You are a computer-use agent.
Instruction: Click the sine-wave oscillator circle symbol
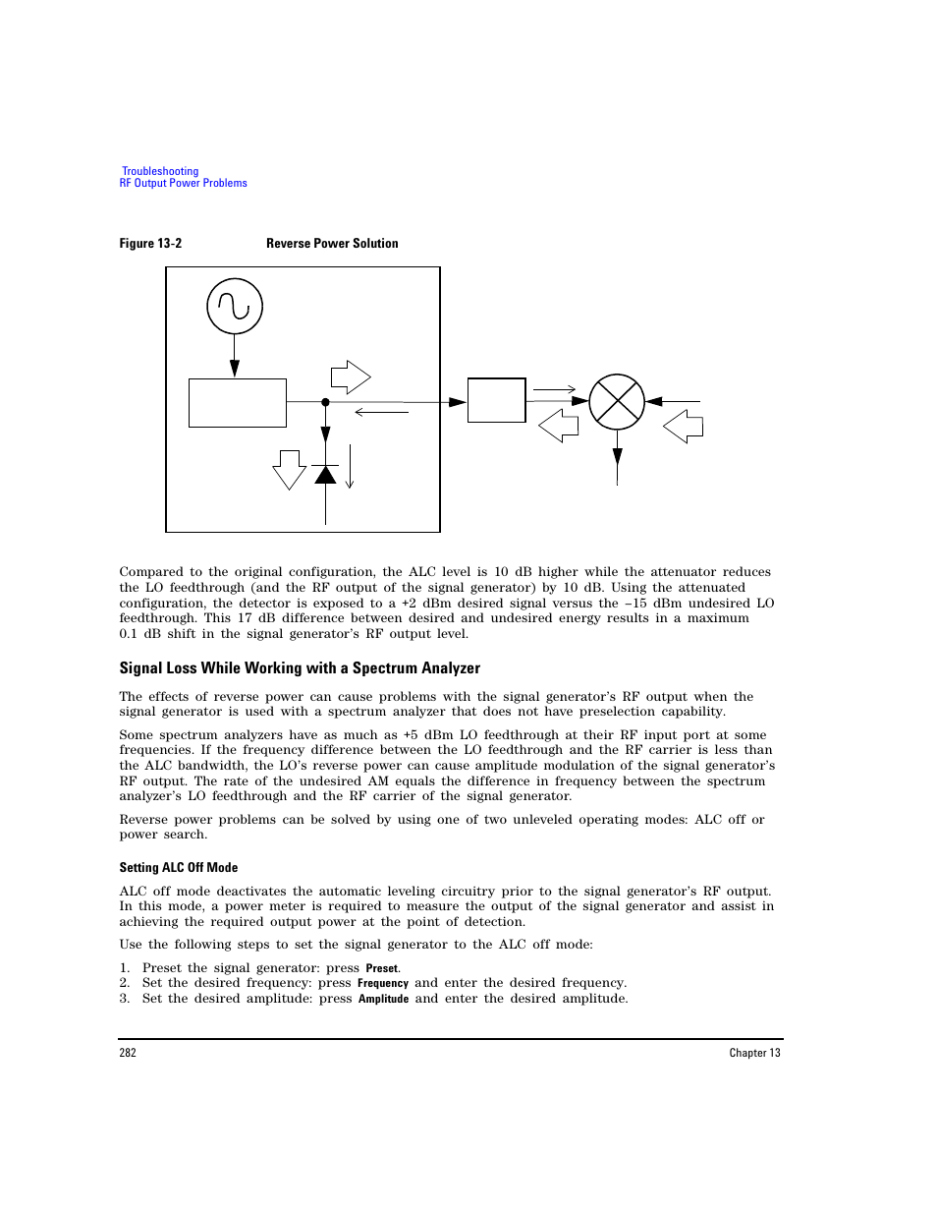coord(235,306)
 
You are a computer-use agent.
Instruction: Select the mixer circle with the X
coord(617,402)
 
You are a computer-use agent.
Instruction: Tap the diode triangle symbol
coord(325,476)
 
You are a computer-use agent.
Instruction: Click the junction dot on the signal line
coord(325,402)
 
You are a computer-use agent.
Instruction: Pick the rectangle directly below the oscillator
coord(238,403)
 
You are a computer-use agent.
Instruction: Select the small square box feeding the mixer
coord(497,400)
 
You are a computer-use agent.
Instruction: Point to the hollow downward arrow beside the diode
coord(290,469)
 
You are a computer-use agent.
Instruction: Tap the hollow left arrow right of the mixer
coord(684,427)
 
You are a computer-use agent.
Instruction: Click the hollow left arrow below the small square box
coord(559,426)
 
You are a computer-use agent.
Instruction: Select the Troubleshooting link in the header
coord(160,171)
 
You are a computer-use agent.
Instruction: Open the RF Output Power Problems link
coord(184,183)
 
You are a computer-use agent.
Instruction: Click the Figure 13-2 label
coord(150,244)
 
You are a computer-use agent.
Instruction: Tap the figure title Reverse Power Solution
coord(332,244)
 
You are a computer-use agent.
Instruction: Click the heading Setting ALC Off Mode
coord(179,868)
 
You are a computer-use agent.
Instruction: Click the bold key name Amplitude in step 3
coord(383,999)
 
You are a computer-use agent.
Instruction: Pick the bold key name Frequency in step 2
coord(383,983)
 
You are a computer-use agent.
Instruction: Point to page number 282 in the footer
coord(128,1053)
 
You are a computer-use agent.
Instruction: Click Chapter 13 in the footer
coord(754,1053)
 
